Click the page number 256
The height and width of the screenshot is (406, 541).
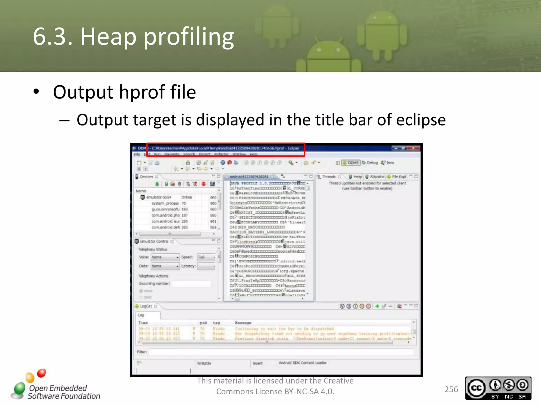(451, 389)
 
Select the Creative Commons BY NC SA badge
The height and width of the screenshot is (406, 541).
(498, 388)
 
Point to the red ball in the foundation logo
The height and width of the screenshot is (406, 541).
(41, 373)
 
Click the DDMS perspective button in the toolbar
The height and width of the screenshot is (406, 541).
(351, 163)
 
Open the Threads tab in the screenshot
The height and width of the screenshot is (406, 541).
(329, 177)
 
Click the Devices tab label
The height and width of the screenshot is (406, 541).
(146, 177)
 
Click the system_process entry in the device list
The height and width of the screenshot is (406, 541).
(165, 203)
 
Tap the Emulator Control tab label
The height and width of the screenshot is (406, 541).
(154, 241)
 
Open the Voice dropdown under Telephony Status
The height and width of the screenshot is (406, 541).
(165, 257)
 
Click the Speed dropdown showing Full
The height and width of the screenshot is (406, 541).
(207, 257)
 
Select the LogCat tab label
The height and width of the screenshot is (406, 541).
(146, 306)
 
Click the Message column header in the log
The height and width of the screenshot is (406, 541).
(243, 323)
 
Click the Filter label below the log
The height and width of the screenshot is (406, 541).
(142, 352)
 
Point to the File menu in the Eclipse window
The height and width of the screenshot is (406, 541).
(137, 154)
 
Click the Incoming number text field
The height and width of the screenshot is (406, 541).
(191, 284)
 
